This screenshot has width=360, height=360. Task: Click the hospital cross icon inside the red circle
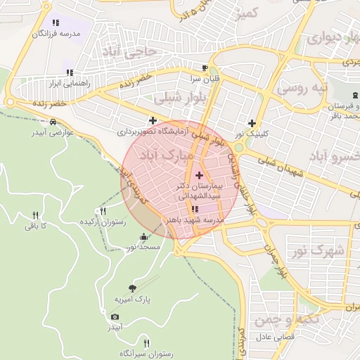point(199,175)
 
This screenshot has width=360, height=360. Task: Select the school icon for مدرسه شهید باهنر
point(195,209)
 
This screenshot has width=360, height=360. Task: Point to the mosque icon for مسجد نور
point(144,236)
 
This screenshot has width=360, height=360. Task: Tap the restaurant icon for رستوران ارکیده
point(104,210)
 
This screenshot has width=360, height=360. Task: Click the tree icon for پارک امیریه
point(133,288)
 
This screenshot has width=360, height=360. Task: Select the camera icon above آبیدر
point(115,316)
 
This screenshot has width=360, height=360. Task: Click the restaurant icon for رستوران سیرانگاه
point(146,342)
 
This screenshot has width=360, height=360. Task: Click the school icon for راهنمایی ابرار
point(70,72)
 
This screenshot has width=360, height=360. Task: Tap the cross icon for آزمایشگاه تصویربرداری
point(153,121)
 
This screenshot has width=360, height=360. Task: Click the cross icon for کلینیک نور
point(252,122)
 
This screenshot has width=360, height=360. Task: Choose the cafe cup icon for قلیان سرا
point(205,68)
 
